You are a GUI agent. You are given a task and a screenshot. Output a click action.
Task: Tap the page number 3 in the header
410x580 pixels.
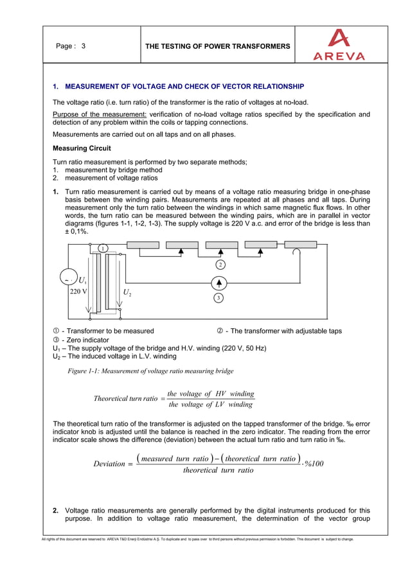tap(83, 46)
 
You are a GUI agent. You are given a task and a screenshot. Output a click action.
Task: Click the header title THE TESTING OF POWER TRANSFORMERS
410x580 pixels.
tap(218, 46)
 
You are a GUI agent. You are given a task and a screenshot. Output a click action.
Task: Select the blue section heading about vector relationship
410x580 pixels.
tap(178, 86)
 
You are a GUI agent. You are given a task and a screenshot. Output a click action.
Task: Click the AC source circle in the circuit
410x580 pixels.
tap(66, 279)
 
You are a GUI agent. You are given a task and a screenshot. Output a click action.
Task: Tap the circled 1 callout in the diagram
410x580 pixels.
tap(102, 249)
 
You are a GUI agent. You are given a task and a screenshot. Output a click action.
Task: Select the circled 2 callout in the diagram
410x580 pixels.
tap(220, 265)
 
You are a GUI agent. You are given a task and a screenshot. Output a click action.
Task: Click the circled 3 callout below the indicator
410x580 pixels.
tap(219, 298)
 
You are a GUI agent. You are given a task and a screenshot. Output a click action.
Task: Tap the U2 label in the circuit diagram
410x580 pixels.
tap(127, 292)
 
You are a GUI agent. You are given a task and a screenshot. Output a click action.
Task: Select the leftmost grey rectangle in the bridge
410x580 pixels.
tap(143, 245)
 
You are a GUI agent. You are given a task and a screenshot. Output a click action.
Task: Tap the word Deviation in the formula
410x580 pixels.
tap(109, 464)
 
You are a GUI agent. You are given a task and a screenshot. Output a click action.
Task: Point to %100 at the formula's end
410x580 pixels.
tap(316, 464)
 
